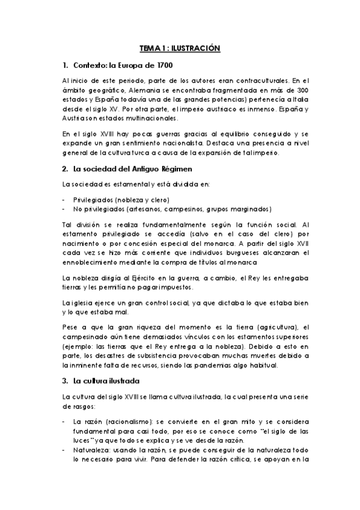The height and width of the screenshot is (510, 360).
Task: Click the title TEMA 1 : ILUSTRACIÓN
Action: [x=180, y=48]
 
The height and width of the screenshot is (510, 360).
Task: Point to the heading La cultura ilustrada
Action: [x=106, y=381]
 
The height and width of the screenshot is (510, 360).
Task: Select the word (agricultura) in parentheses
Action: [x=269, y=327]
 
